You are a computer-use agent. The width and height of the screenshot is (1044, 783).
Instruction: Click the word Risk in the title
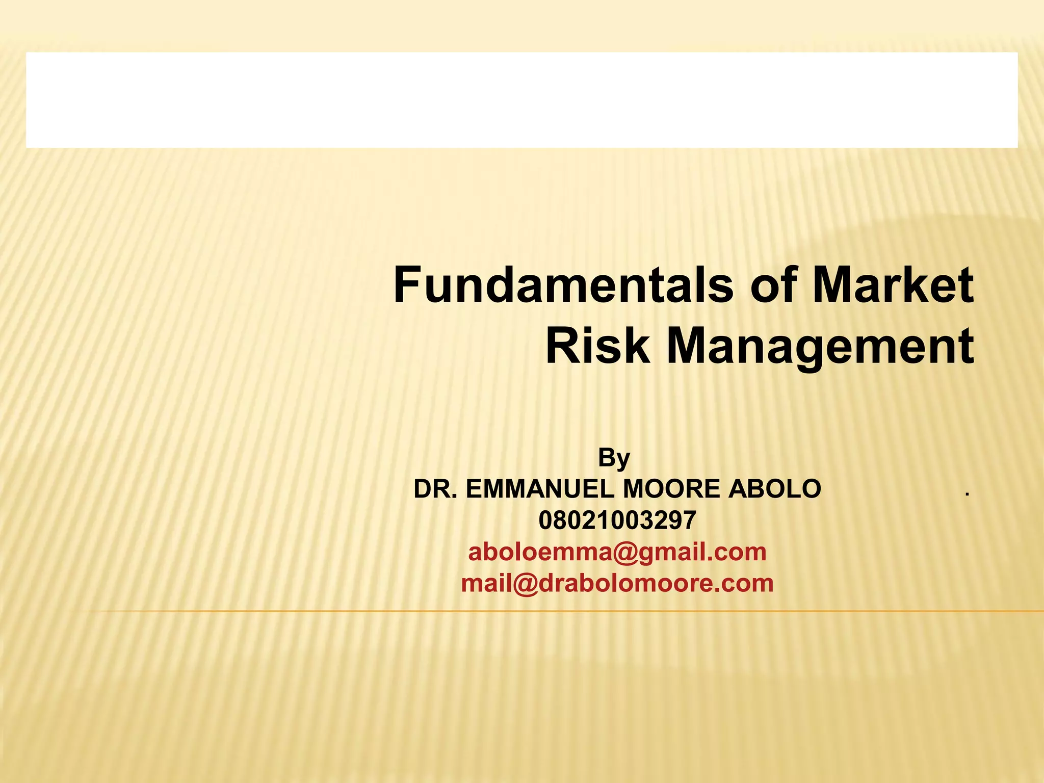[597, 347]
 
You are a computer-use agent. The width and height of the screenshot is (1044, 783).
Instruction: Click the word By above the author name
[614, 458]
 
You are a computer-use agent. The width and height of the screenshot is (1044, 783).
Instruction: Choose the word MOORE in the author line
[671, 489]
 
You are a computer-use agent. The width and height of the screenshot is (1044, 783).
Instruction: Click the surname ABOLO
[774, 489]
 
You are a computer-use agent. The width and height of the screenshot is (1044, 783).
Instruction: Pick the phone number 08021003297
[617, 520]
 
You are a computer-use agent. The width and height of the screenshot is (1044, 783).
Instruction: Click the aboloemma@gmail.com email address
[617, 552]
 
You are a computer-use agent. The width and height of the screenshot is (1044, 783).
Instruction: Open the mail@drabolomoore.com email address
[617, 584]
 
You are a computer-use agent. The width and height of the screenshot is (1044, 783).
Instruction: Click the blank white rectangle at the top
[521, 100]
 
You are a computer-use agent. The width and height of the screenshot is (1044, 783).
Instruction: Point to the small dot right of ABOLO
[966, 493]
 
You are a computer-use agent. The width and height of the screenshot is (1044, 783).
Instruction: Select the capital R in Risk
[559, 347]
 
